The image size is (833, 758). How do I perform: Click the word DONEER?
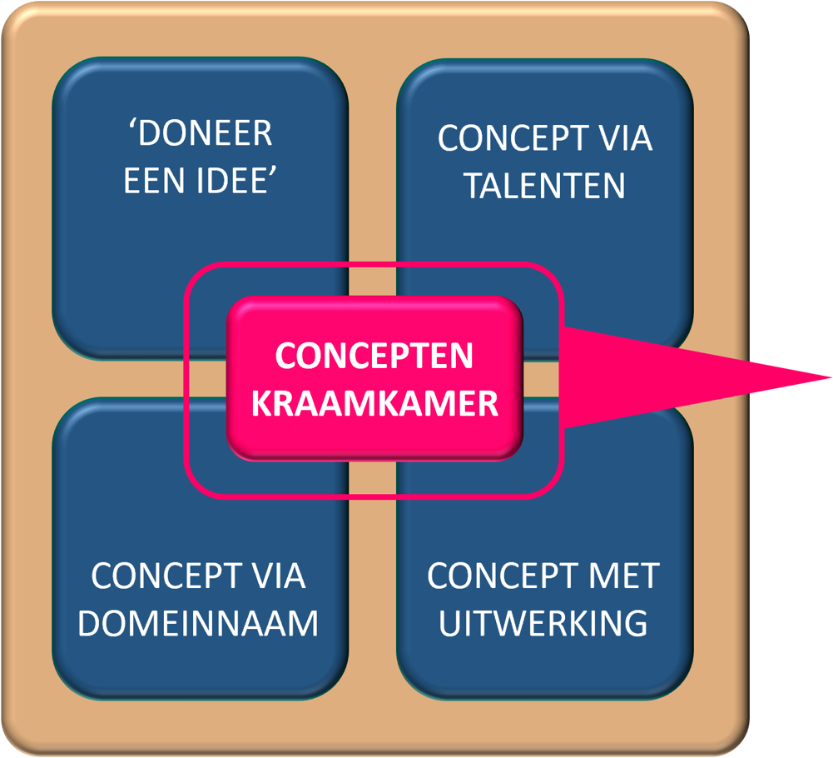pyautogui.click(x=206, y=135)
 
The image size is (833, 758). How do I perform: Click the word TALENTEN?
pyautogui.click(x=544, y=187)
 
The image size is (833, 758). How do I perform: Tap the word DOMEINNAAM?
pyautogui.click(x=198, y=624)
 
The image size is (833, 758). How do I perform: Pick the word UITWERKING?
pyautogui.click(x=543, y=624)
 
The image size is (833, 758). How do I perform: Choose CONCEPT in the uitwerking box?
pyautogui.click(x=502, y=576)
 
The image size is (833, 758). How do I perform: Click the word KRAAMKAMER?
pyautogui.click(x=374, y=404)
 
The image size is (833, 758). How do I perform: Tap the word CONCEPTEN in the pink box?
pyautogui.click(x=374, y=357)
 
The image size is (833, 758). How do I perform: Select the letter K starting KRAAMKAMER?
pyautogui.click(x=260, y=404)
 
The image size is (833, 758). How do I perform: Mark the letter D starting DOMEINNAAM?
pyautogui.click(x=91, y=624)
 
